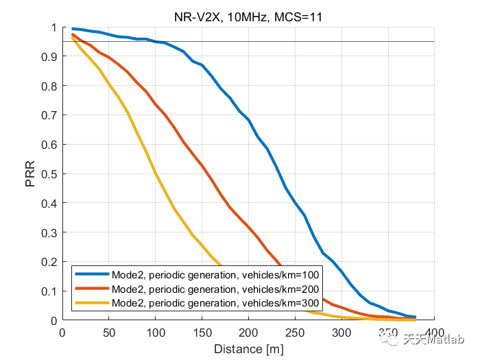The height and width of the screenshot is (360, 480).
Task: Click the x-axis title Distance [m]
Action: point(248,349)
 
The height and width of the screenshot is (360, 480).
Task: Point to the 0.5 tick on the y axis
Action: point(49,174)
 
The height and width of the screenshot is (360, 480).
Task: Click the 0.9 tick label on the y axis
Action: point(49,57)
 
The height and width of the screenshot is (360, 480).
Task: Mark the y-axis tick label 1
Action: point(53,28)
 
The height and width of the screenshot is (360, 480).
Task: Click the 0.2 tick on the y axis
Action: point(49,262)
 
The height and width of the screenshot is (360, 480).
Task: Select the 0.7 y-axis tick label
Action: point(49,116)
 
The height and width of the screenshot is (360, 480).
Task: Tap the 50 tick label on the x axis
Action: point(108,333)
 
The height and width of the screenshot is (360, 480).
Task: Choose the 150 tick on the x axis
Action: point(202,333)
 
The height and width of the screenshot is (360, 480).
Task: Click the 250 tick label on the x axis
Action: point(295,333)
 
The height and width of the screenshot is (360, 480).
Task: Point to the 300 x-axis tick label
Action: point(341,333)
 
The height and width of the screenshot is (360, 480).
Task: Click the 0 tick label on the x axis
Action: point(62,333)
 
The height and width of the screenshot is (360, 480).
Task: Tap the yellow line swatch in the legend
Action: point(91,303)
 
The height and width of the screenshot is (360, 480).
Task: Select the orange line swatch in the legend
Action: point(91,289)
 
